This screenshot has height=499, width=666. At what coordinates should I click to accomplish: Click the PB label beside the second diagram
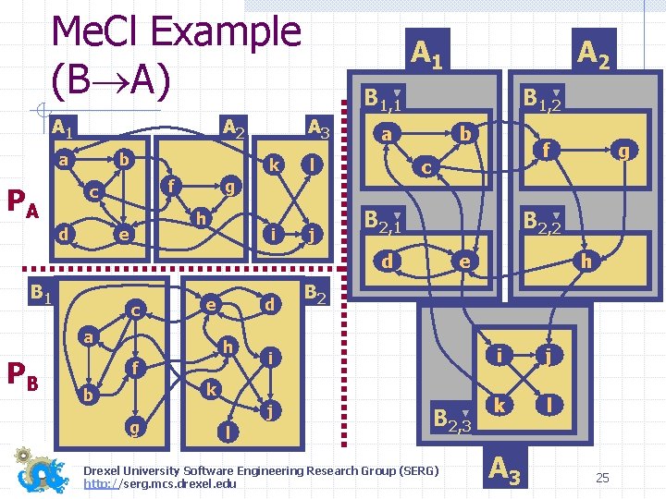pos(22,374)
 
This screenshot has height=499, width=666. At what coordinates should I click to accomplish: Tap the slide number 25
pos(602,478)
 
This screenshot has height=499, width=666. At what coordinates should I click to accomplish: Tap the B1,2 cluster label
pos(543,97)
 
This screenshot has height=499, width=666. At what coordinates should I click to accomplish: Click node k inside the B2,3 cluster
pos(499,406)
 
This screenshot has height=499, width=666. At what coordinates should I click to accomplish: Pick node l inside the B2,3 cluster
pos(549,406)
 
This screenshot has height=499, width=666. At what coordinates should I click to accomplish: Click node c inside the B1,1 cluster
pos(425,168)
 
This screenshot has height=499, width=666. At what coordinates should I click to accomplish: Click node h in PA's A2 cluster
pos(200,218)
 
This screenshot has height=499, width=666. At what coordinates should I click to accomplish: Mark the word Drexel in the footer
pos(106,470)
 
